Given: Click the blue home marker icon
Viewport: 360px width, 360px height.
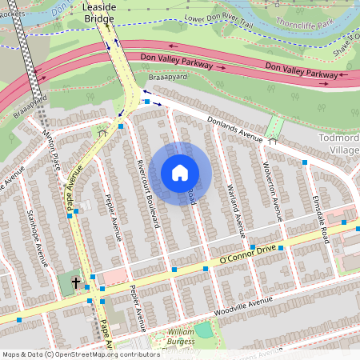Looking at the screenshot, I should click(x=180, y=172).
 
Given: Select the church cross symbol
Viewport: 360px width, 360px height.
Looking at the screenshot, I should click(x=76, y=282).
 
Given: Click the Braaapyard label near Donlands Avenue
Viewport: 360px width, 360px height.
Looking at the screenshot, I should click(x=167, y=80).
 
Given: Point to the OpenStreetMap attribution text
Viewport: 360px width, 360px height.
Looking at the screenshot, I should click(x=81, y=354).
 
